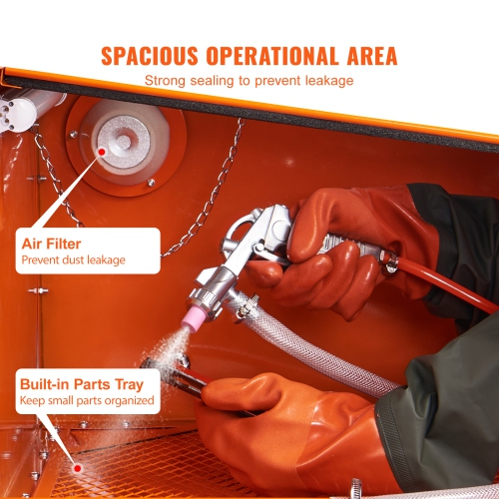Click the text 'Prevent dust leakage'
pyautogui.click(x=73, y=260)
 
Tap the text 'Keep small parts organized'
pyautogui.click(x=87, y=400)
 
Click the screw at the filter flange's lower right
pyautogui.click(x=152, y=183)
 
